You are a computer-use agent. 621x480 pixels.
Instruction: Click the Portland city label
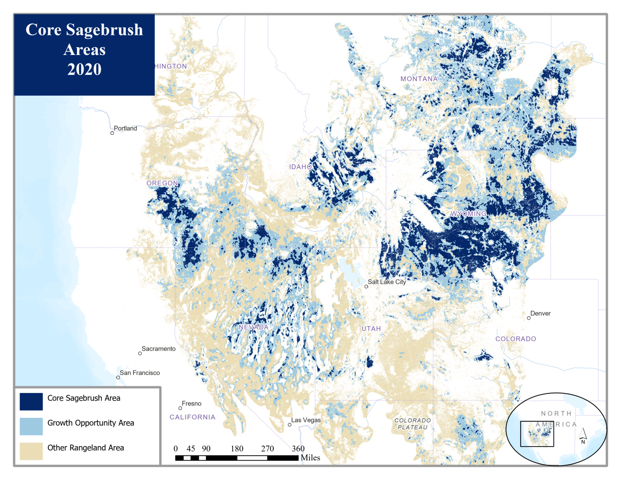click(125, 128)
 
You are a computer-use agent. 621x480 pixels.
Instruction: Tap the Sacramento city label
click(159, 349)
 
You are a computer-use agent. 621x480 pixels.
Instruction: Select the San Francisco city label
click(140, 373)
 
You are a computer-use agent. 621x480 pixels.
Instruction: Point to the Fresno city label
click(192, 404)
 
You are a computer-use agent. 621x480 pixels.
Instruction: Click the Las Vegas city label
click(306, 420)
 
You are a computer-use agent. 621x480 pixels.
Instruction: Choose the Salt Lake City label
click(386, 282)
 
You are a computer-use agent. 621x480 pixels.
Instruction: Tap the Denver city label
click(540, 313)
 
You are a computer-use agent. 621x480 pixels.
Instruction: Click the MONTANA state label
click(419, 78)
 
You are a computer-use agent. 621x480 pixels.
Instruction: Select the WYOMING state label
click(468, 213)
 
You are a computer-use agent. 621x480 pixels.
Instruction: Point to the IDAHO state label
click(300, 166)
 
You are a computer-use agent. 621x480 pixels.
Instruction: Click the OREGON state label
click(162, 183)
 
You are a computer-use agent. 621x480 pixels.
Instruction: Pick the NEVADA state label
click(254, 327)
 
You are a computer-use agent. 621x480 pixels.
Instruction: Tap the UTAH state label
click(371, 329)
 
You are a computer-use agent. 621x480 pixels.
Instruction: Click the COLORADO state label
click(515, 339)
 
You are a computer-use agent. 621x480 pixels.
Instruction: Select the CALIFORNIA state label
click(193, 417)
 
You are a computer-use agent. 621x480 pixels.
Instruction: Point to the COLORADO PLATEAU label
click(413, 424)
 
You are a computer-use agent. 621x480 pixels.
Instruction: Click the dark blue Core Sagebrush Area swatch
click(31, 401)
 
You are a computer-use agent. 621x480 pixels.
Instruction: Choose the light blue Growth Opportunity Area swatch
click(31, 426)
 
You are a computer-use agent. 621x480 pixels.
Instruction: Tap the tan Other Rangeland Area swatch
click(31, 451)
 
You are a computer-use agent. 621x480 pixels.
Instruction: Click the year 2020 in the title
click(84, 69)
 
